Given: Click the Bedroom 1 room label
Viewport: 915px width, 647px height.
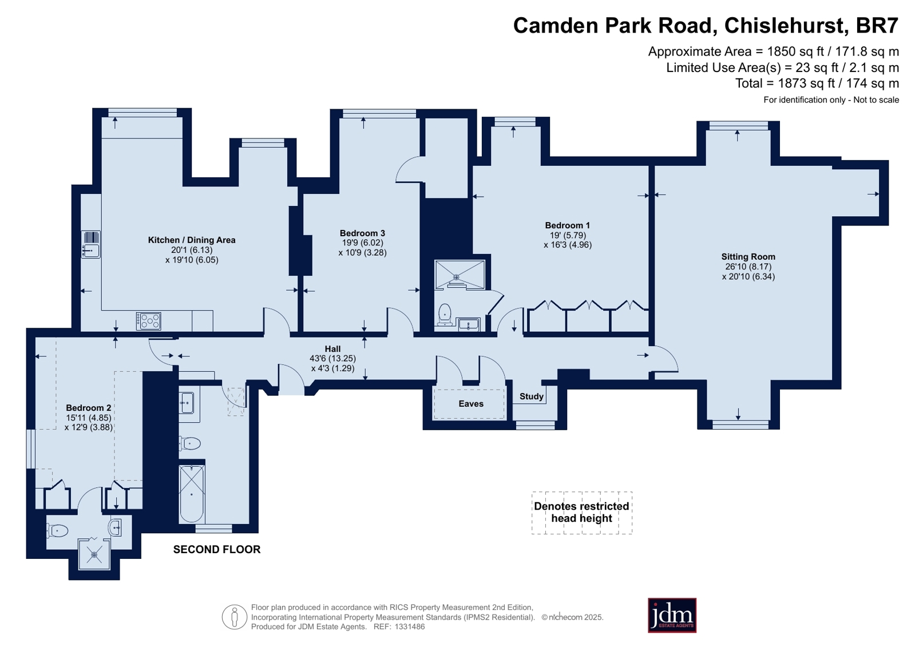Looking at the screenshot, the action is [568, 225].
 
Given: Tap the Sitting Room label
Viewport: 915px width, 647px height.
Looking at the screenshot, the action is [748, 257].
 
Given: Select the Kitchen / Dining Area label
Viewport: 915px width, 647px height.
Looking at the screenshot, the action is [192, 240].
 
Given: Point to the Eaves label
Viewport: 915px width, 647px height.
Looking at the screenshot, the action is [471, 404].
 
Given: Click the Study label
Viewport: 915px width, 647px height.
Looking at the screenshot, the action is [532, 396].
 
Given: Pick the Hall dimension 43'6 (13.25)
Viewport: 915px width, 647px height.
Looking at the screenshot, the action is [332, 359].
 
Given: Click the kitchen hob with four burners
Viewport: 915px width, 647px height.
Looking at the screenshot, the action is [149, 321].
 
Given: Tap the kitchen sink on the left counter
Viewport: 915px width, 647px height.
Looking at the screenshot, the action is [90, 245].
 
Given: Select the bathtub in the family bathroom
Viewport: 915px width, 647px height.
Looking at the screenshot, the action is [192, 494].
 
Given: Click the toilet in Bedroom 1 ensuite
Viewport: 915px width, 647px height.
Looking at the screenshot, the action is [444, 315].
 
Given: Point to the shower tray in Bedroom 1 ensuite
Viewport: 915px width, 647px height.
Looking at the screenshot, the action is [460, 275].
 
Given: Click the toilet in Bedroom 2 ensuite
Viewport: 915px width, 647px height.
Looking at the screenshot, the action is [57, 531].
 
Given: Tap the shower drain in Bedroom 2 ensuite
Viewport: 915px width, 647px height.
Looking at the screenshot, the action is [94, 555].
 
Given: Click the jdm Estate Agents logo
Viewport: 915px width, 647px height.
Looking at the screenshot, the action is [672, 616].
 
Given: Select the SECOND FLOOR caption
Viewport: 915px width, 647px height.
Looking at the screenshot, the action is [217, 550].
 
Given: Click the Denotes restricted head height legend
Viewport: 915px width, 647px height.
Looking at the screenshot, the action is [582, 513].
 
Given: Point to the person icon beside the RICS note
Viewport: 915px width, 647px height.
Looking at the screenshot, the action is [235, 617].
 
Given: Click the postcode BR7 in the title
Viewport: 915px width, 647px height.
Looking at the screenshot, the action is [877, 26].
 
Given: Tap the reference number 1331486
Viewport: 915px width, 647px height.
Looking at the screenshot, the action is [410, 627].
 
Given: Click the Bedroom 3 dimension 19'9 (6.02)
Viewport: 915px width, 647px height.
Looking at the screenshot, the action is [362, 243].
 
